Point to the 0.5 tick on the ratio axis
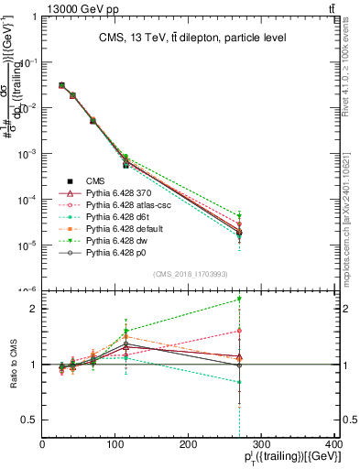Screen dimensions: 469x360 30,420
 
